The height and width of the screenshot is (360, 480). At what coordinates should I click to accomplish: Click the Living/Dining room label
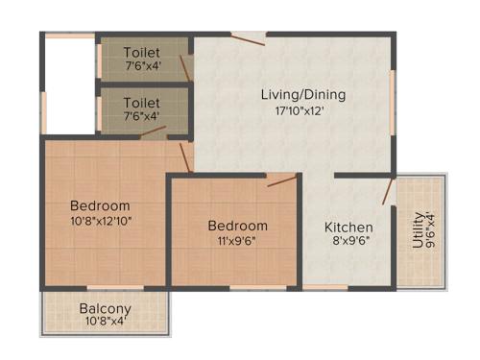(303, 95)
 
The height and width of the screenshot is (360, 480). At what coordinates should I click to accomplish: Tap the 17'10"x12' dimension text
(303, 110)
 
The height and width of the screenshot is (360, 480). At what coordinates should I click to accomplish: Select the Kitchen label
(347, 228)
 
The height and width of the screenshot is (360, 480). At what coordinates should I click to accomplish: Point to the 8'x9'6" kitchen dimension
(347, 242)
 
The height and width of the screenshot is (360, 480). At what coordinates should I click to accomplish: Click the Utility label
(418, 231)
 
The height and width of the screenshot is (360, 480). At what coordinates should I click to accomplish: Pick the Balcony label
(105, 309)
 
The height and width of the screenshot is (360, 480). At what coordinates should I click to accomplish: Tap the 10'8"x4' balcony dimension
(105, 322)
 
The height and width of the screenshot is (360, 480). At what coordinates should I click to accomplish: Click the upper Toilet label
(141, 52)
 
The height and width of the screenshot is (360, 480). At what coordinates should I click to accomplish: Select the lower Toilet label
(141, 102)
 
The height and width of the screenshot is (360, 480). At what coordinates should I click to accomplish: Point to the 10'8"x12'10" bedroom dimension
(101, 221)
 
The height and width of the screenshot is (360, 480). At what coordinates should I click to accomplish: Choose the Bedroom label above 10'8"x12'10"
(101, 205)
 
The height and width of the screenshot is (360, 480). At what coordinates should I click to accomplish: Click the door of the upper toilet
(185, 67)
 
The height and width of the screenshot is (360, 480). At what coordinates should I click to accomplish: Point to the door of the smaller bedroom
(282, 180)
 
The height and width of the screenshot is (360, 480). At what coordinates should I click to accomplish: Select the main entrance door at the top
(248, 38)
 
